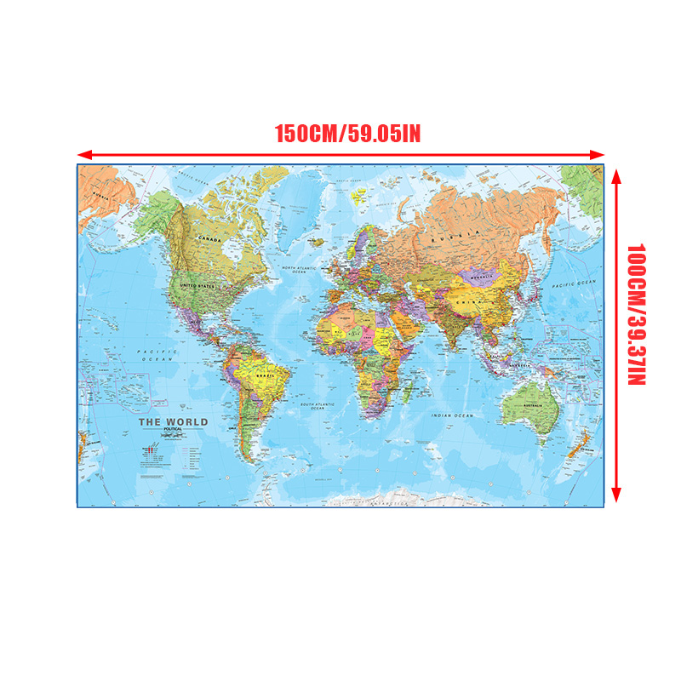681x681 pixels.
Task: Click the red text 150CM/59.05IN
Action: [346, 134]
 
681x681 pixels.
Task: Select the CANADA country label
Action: [209, 240]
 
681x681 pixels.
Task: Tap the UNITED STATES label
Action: [197, 287]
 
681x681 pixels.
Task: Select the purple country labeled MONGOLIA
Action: [482, 277]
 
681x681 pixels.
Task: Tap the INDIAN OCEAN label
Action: [451, 415]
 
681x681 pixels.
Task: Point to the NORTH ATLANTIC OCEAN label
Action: [299, 271]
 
